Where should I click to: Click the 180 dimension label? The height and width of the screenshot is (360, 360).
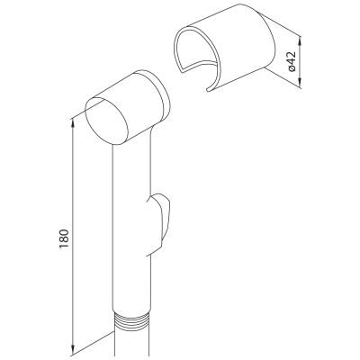(64, 238)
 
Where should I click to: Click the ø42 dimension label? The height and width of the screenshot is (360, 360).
(292, 61)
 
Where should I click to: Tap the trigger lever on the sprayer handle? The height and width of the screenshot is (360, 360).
(158, 224)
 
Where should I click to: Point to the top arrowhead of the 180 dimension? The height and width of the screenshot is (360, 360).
(73, 123)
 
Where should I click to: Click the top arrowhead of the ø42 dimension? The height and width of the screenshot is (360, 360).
(301, 40)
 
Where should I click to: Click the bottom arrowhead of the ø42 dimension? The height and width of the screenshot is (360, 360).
(301, 84)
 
